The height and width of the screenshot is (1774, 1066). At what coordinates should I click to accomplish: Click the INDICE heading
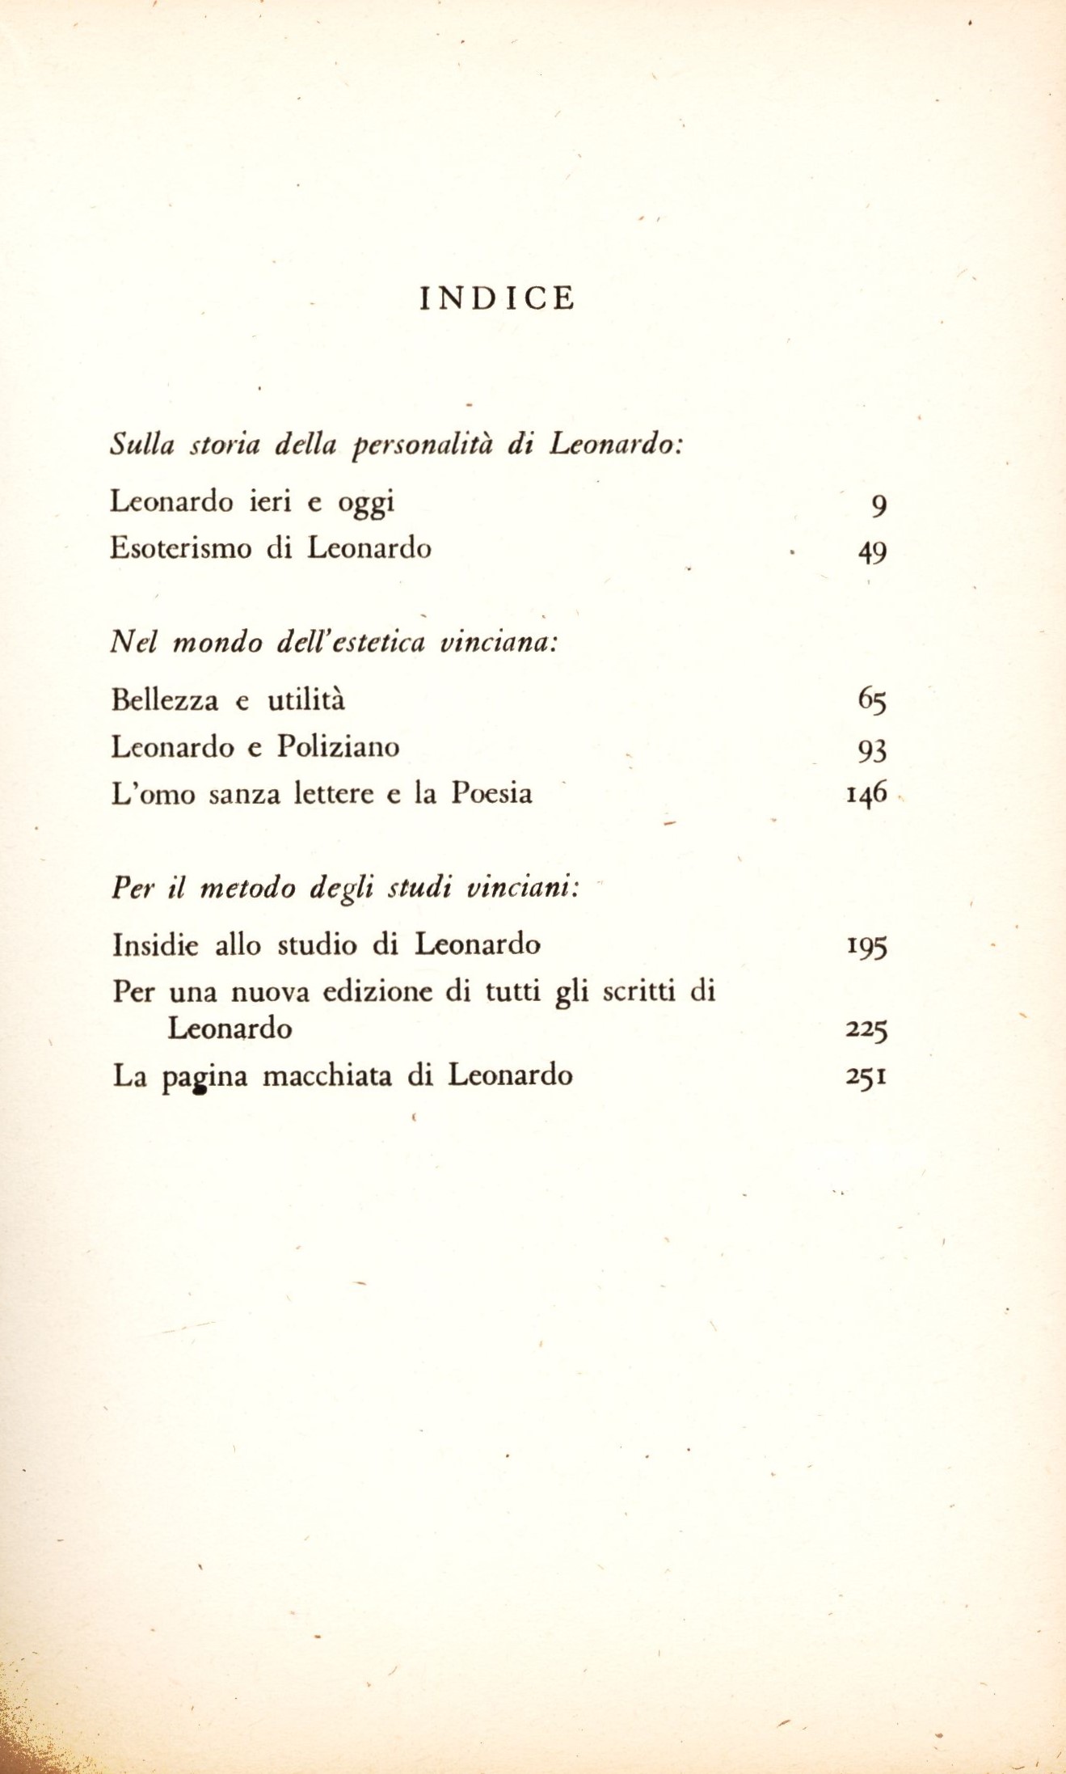pos(497,298)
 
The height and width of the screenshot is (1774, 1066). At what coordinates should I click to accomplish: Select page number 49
pos(872,553)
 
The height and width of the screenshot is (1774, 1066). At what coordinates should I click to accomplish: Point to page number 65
pos(872,699)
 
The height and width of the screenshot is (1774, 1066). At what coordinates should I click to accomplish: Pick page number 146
pos(866,793)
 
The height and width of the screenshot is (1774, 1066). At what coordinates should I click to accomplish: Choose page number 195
pos(866,945)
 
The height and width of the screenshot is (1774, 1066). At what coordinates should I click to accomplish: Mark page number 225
pos(866,1030)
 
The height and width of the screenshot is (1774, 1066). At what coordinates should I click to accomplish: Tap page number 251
pos(866,1077)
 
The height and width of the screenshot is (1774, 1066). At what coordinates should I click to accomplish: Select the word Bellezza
pos(165,699)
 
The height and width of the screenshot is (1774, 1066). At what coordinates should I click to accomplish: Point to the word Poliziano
pos(338,746)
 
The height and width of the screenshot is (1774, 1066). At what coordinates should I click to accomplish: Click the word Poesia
pos(491,793)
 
